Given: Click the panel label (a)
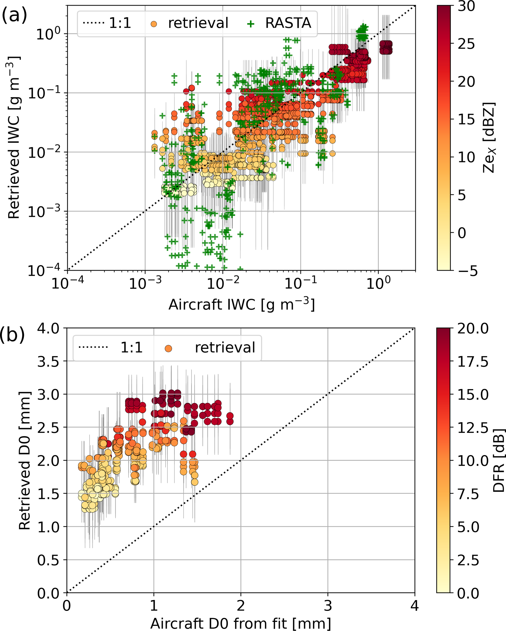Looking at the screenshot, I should tap(14, 15).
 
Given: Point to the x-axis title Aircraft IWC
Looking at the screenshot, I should tap(241, 305).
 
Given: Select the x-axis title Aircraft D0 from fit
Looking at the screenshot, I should tap(241, 623).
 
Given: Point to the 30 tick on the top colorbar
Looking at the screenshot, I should tap(467, 6).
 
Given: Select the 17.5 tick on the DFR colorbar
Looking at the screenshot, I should tap(473, 362).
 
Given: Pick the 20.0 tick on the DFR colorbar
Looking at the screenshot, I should tap(473, 328).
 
